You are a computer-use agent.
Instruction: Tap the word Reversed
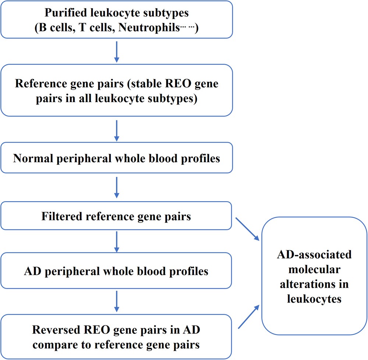tap(52, 329)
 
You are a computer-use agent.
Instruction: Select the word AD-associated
tap(314, 255)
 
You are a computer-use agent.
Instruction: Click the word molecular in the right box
tap(314, 269)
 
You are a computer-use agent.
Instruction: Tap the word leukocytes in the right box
tap(314, 299)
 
